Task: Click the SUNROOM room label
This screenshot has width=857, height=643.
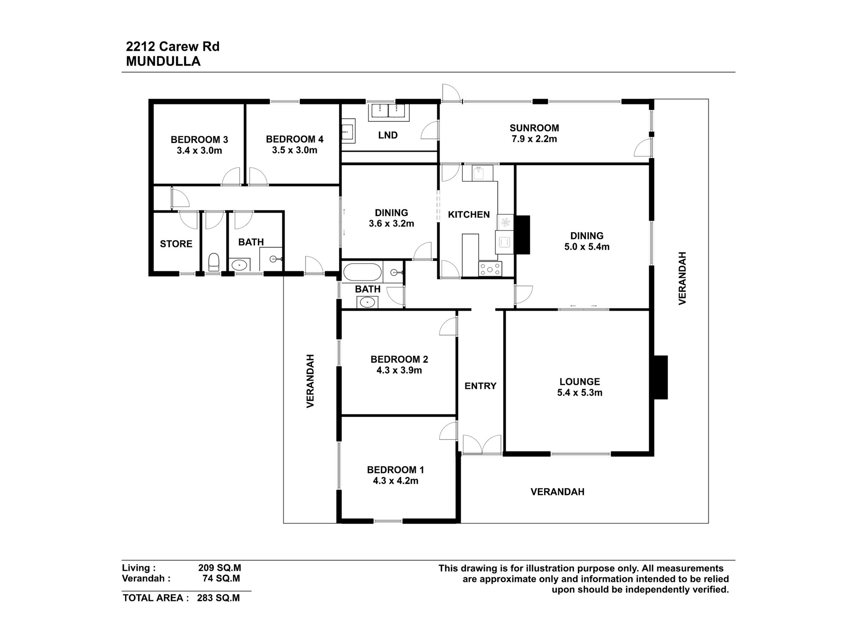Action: point(534,128)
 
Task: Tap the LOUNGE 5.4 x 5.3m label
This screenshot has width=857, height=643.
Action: point(579,387)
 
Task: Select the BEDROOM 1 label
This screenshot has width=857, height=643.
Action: point(395,470)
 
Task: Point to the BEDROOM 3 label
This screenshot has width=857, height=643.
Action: point(199,140)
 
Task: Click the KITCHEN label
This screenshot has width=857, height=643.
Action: point(468,214)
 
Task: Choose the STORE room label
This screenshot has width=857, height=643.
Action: point(176,244)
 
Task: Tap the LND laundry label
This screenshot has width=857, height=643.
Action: point(388,135)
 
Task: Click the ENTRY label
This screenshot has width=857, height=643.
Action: point(480,386)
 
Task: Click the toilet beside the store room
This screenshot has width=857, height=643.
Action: point(214,261)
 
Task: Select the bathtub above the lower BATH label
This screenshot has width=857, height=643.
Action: point(362,272)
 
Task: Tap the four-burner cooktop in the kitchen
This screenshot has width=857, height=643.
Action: point(490,269)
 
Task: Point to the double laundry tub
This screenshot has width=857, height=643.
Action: point(388,111)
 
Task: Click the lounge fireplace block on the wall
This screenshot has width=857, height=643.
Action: point(660,377)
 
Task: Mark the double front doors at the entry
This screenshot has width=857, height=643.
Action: point(482,445)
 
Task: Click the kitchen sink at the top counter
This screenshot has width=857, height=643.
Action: point(478,174)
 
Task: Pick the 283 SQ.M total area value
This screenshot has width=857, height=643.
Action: point(219,598)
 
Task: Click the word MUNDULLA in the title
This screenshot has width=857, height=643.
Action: point(163,61)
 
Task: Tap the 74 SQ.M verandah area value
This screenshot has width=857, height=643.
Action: point(221,578)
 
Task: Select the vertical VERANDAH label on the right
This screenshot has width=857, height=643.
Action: point(682,278)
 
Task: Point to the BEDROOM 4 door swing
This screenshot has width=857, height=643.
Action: point(258,177)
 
